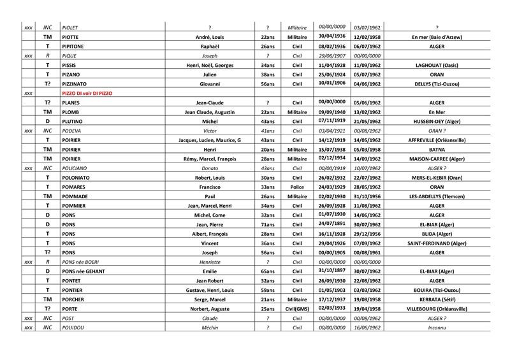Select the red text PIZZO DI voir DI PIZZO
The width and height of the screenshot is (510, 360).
pos(87,93)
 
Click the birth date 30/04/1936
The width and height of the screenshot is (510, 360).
pos(331,36)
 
